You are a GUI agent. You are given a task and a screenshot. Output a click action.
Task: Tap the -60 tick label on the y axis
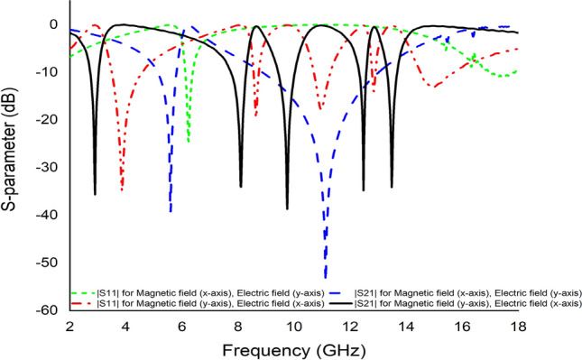[x=46, y=310]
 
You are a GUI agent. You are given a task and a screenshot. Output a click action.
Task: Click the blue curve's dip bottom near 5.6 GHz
[x=171, y=211]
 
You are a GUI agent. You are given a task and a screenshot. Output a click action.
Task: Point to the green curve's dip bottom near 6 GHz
[x=189, y=141]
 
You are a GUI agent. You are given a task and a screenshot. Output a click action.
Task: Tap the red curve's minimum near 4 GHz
[x=122, y=188]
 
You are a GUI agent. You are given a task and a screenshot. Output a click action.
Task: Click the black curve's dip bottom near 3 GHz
[x=95, y=193]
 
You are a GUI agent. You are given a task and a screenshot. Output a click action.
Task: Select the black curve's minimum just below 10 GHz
[x=288, y=208]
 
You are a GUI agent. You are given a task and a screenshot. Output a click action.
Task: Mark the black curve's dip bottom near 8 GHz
[x=241, y=186]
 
